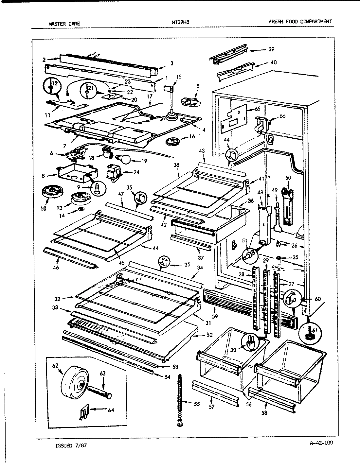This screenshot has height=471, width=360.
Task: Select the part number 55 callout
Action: click(x=196, y=404)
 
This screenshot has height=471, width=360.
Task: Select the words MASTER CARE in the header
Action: click(x=64, y=24)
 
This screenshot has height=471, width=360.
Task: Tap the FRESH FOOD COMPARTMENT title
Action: click(x=300, y=22)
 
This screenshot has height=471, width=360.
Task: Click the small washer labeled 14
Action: click(x=81, y=209)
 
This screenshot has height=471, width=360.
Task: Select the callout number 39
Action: click(x=271, y=49)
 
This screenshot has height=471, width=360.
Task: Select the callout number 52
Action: click(x=209, y=335)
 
